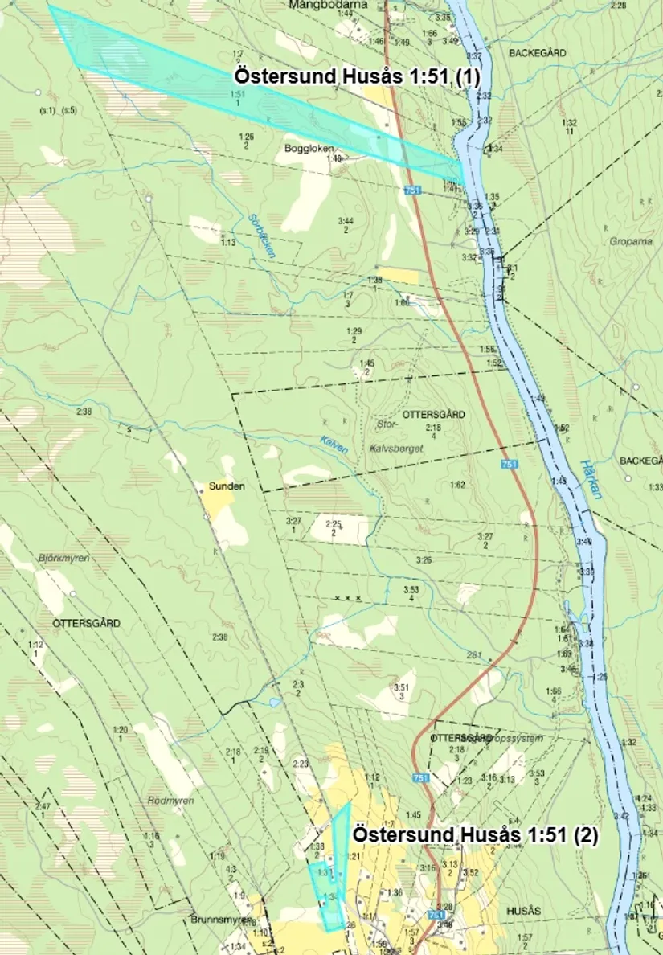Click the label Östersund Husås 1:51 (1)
click(356, 76)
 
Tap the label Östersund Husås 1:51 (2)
click(475, 835)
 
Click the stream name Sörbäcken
click(263, 236)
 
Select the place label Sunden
click(227, 486)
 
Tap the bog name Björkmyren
click(63, 557)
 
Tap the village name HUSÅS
click(524, 910)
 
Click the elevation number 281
click(473, 655)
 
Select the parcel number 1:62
click(458, 485)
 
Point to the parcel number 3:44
click(346, 221)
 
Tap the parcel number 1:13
click(228, 242)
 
